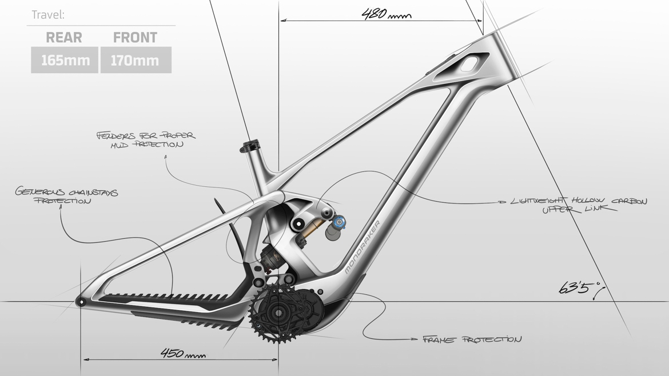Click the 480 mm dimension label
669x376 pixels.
click(x=386, y=14)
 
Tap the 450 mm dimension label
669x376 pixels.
click(x=182, y=353)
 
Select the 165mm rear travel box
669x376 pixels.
click(x=65, y=60)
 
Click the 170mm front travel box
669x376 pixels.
click(x=136, y=60)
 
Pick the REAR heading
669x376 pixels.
click(x=64, y=38)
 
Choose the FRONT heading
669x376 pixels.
click(x=135, y=38)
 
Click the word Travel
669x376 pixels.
click(x=48, y=15)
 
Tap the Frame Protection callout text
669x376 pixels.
click(x=472, y=339)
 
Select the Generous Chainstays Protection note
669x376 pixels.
click(x=66, y=195)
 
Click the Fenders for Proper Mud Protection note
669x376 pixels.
click(x=146, y=140)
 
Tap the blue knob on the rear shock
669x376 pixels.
click(x=340, y=222)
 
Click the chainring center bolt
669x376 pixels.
click(x=278, y=313)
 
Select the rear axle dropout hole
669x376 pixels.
click(x=81, y=301)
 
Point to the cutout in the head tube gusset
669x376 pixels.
click(x=469, y=63)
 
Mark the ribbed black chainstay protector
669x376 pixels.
click(x=166, y=298)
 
